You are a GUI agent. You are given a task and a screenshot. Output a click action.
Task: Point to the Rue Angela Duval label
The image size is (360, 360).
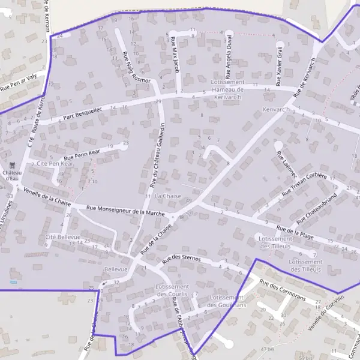[229, 56]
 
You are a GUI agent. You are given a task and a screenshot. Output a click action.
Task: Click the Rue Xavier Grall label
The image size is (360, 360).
[280, 65]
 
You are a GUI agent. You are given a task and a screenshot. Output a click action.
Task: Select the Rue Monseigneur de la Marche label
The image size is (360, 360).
[125, 211]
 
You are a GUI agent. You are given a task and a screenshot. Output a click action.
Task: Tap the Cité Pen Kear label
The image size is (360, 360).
[55, 163]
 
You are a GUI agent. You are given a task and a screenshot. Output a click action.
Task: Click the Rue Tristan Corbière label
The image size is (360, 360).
[304, 185]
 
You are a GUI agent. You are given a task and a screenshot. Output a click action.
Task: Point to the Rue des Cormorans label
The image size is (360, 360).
[283, 290]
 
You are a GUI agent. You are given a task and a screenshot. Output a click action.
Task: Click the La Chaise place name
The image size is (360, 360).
[167, 196]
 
